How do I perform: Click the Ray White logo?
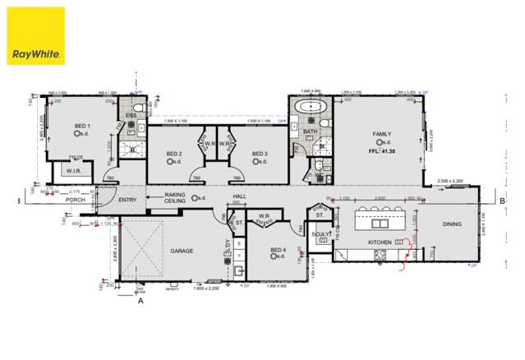[x=36, y=37]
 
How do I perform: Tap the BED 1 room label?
[x=81, y=126]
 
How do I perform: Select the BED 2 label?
[x=174, y=154]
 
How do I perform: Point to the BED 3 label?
[x=260, y=154]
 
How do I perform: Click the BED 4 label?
[x=279, y=249]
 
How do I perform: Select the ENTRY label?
[x=127, y=200]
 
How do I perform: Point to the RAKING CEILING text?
[x=175, y=197]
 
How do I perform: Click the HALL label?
[x=239, y=197]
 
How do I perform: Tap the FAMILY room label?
[x=382, y=133]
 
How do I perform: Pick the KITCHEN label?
[x=379, y=242]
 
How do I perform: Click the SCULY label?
[x=321, y=234]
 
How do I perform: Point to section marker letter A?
[x=140, y=301]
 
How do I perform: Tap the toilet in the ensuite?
[x=138, y=107]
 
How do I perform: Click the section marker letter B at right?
[x=501, y=200]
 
